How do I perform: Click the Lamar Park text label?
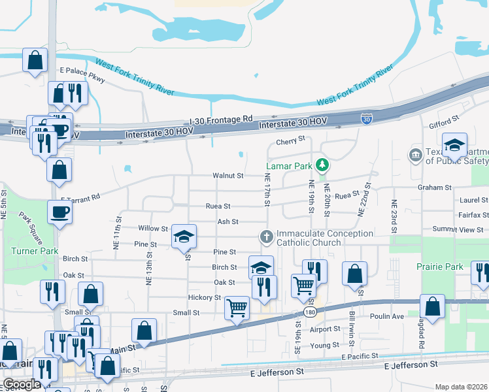pyautogui.click(x=288, y=166)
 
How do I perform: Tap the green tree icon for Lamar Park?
pyautogui.click(x=321, y=164)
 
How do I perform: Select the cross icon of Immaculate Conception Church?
pyautogui.click(x=265, y=237)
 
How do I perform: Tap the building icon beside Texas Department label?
pyautogui.click(x=414, y=155)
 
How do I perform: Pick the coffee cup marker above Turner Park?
pyautogui.click(x=59, y=212)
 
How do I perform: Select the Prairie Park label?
pyautogui.click(x=439, y=267)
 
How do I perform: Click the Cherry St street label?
pyautogui.click(x=291, y=140)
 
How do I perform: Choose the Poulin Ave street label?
pyautogui.click(x=389, y=316)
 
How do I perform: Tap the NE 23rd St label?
pyautogui.click(x=394, y=216)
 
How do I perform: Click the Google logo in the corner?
pyautogui.click(x=22, y=384)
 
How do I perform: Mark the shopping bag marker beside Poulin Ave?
pyautogui.click(x=432, y=306)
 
